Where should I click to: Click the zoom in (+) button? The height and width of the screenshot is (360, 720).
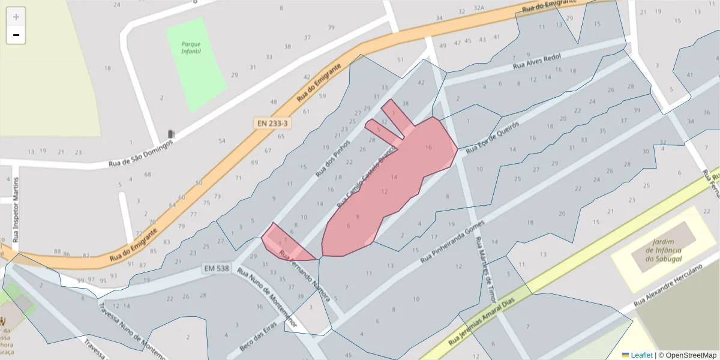[x=16, y=17]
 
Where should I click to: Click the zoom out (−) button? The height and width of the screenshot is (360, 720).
[x=16, y=35]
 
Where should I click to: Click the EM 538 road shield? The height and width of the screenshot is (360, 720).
[x=216, y=268]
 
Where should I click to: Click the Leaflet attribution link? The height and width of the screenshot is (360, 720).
[x=641, y=355]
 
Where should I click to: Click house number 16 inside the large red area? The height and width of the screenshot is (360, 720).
[x=428, y=147]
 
